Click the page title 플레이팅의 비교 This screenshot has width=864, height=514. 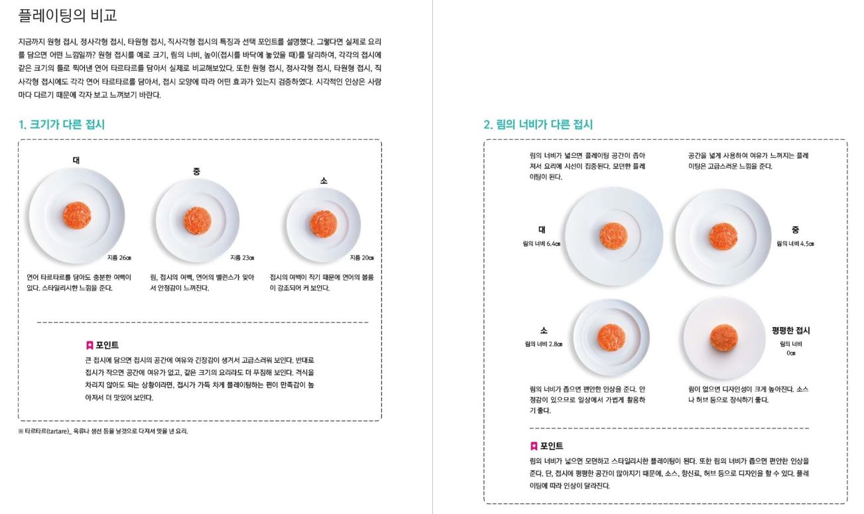click(67, 15)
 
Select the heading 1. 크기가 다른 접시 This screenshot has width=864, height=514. click(62, 125)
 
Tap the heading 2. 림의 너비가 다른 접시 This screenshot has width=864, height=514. click(538, 125)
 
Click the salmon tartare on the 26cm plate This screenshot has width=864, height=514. click(77, 216)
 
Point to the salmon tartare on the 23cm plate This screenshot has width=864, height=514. click(198, 221)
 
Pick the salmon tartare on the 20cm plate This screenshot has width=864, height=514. click(324, 224)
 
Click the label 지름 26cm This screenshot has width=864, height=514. click(119, 258)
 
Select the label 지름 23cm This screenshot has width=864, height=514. click(242, 258)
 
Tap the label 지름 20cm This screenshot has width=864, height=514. click(362, 258)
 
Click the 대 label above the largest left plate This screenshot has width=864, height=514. click(76, 160)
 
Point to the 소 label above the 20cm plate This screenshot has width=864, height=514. click(324, 180)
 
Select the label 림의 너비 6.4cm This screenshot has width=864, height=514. click(542, 244)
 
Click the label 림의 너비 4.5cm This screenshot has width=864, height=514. click(795, 244)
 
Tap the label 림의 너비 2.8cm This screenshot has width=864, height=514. click(544, 344)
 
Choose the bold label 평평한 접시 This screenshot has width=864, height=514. click(790, 331)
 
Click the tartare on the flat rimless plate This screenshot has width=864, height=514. click(724, 338)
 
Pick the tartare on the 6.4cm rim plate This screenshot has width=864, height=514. click(613, 235)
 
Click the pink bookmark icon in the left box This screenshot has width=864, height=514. click(90, 345)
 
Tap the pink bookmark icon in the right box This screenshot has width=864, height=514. click(534, 446)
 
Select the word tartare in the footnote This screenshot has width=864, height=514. click(58, 431)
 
